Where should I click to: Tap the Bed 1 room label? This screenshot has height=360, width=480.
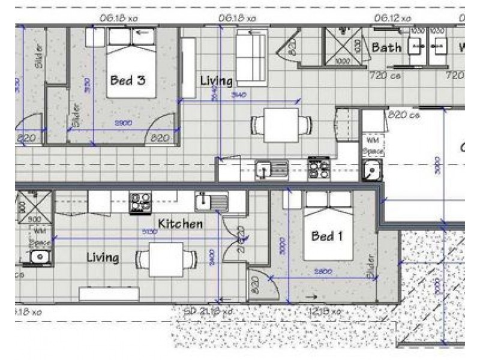pos(327,236)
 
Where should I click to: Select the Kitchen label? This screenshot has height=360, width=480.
pos(180,224)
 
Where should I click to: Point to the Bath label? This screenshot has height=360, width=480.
pos(387,47)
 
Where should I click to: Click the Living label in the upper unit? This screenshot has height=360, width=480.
pos(216,80)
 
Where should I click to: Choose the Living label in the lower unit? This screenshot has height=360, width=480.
pos(103,257)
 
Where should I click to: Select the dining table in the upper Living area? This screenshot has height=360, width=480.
pos(281,125)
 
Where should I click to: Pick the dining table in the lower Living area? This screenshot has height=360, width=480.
pos(166,259)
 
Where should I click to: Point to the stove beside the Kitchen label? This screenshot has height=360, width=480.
pos(140,202)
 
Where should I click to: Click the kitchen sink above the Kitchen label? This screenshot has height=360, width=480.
pos(211,202)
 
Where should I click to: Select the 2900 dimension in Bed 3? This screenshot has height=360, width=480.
pos(124,123)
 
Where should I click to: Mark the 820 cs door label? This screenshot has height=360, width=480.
pos(404,114)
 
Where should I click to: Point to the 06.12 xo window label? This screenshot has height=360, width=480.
pos(393,19)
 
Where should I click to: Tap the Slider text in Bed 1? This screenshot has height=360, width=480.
pos(370,266)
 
